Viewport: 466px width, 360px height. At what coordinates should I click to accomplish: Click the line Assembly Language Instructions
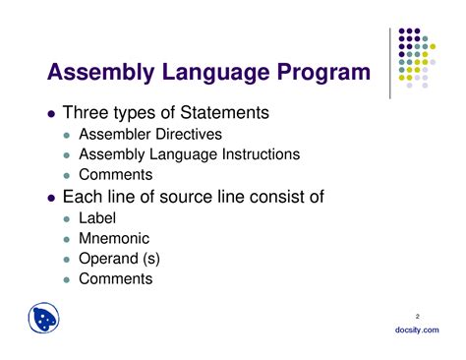coord(189,154)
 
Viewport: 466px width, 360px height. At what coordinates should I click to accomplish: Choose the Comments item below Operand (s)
coord(116,278)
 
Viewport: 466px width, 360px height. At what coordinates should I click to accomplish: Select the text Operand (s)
coord(118,260)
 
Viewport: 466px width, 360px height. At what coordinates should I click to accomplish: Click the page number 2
coord(417,315)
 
